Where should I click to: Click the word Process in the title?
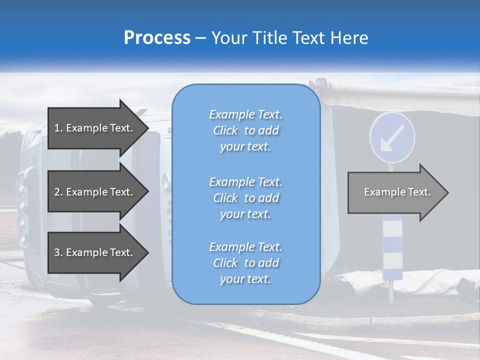[x=157, y=38]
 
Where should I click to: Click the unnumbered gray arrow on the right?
[x=394, y=192]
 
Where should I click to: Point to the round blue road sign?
[x=392, y=137]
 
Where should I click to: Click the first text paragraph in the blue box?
[x=245, y=130]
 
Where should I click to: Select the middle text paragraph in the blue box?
[x=245, y=198]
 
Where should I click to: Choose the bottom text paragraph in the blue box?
[x=245, y=263]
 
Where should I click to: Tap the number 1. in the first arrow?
[x=58, y=128]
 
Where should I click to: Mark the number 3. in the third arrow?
[x=58, y=253]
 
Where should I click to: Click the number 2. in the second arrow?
[x=58, y=192]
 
